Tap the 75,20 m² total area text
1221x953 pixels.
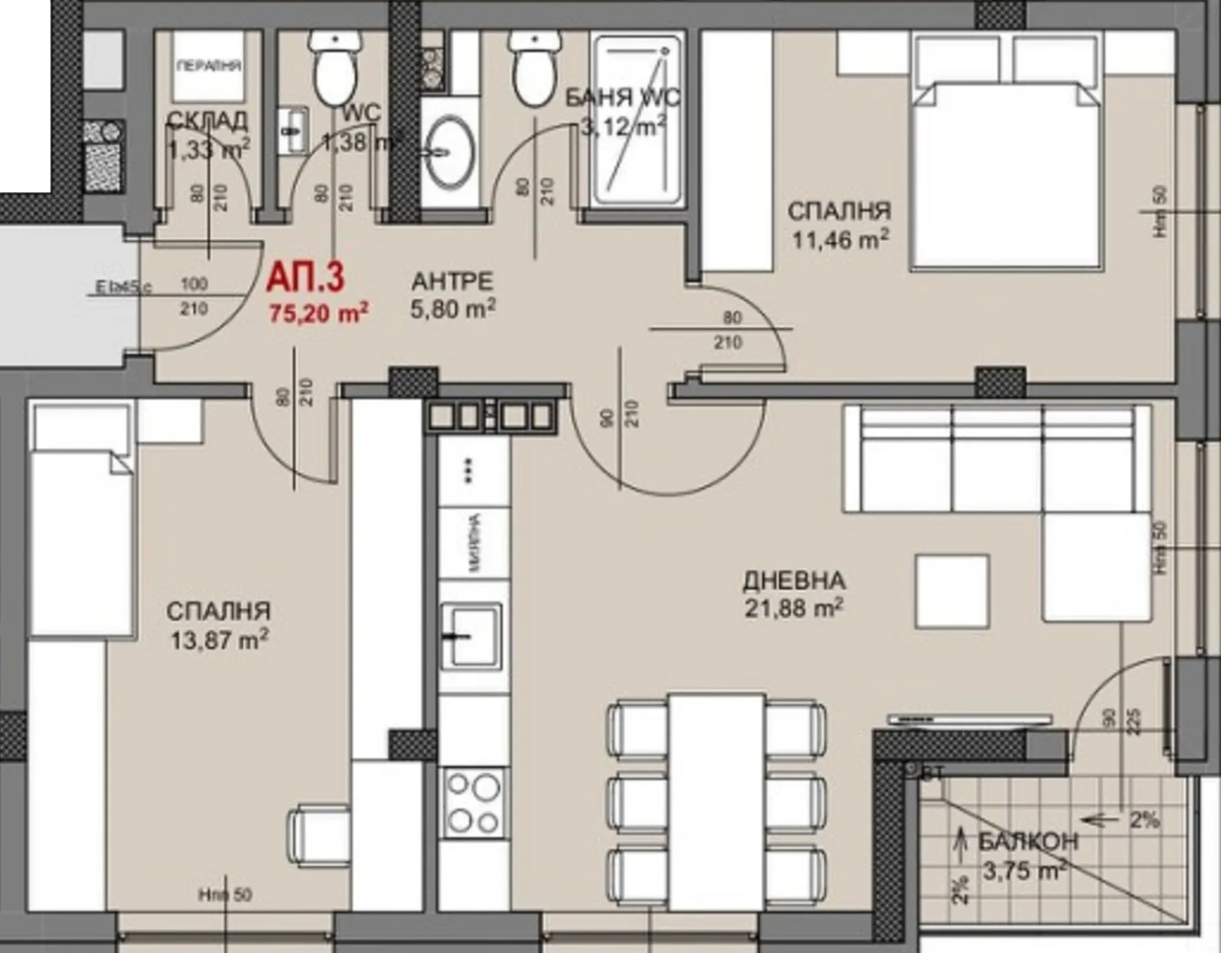click(x=319, y=312)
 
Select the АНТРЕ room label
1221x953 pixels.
click(x=452, y=282)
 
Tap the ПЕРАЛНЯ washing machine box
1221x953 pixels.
click(x=209, y=66)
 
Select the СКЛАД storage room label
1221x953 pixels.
click(x=207, y=121)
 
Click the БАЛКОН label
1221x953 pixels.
click(x=1028, y=842)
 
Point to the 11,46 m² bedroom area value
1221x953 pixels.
click(x=840, y=240)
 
